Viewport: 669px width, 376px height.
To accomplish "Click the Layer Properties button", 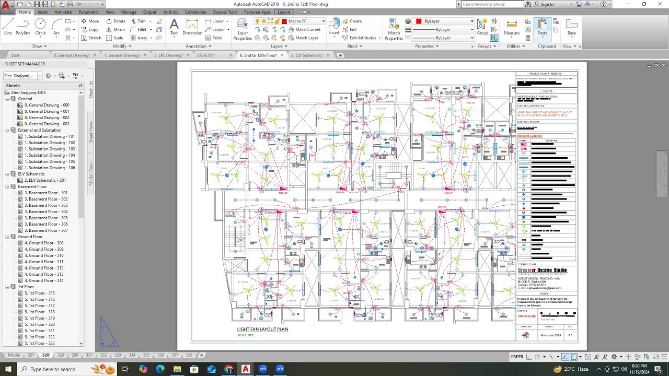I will pos(243,29).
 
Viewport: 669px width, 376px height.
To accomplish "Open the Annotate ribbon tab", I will pos(63,12).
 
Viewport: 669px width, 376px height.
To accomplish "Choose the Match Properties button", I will pos(394,29).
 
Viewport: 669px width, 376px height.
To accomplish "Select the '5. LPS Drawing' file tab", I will pos(168,55).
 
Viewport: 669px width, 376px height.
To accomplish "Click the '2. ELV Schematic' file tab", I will pos(307,55).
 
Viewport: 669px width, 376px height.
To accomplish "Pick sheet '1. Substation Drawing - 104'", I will pos(49,155).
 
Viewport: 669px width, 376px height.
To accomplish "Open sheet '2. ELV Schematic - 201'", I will pos(45,180).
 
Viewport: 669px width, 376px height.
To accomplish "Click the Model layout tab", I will pos(14,355).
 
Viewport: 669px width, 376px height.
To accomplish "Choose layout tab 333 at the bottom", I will pos(118,355).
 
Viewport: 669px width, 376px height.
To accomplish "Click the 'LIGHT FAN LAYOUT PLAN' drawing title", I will pos(262,330).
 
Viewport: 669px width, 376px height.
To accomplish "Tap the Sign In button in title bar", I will pos(547,4).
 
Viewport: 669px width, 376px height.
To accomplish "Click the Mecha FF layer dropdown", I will pos(306,21).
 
